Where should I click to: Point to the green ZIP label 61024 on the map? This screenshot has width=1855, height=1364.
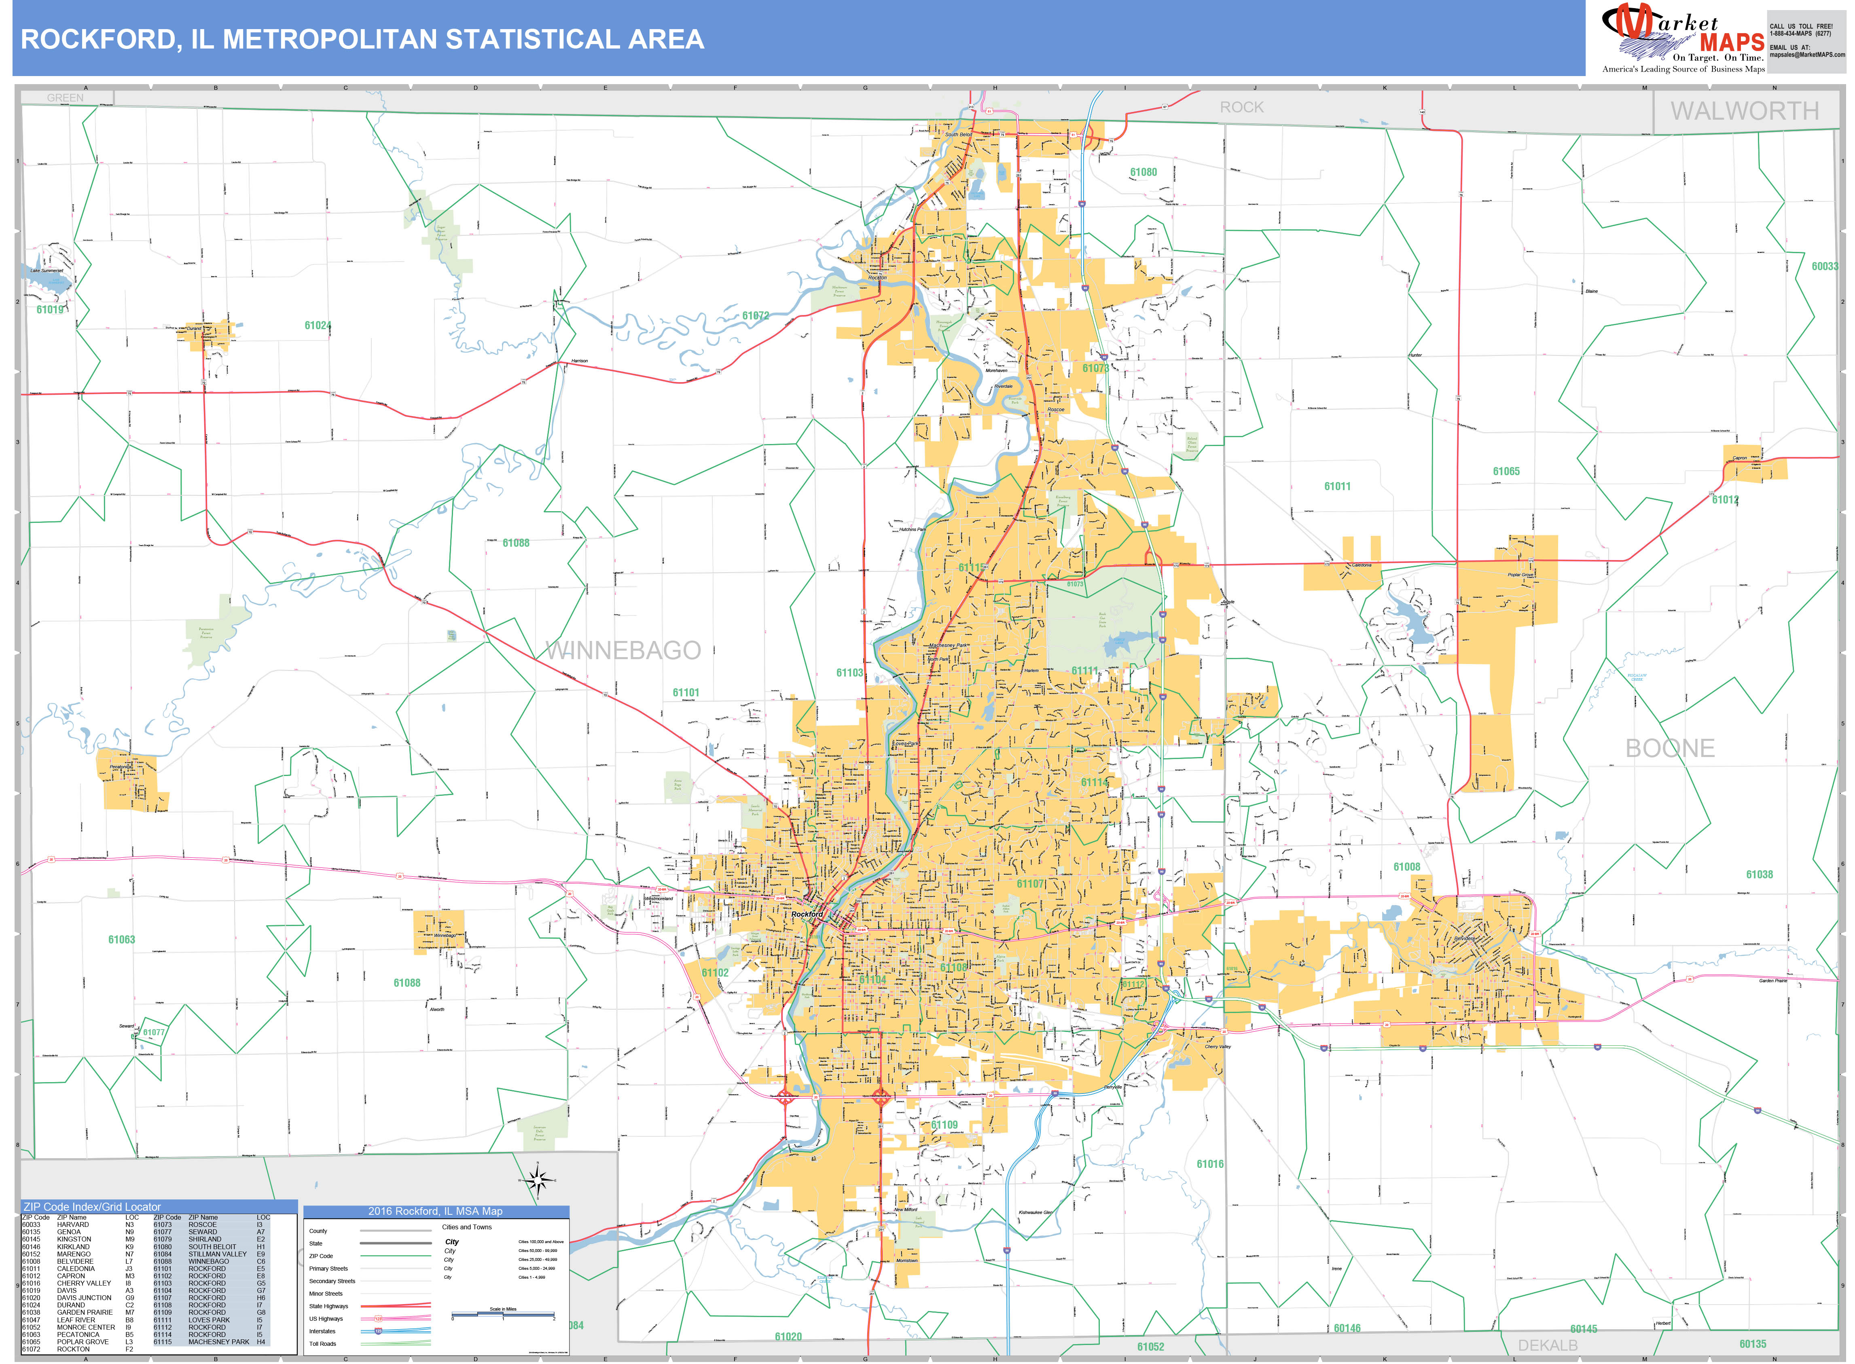point(317,325)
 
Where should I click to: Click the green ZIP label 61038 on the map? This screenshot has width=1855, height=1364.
point(1759,874)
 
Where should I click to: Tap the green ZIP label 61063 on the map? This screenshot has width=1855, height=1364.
point(121,940)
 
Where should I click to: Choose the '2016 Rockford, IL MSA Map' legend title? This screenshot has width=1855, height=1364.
point(435,1211)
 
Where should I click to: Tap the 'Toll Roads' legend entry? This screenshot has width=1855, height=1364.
point(323,1343)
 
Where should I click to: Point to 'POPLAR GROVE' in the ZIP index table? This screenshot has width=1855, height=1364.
point(83,1342)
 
